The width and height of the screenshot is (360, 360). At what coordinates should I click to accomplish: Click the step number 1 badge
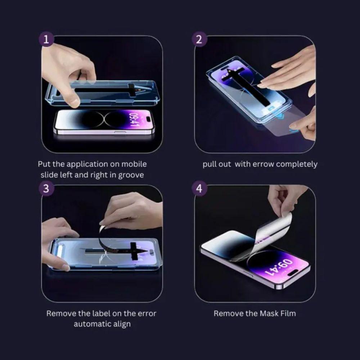[46, 40]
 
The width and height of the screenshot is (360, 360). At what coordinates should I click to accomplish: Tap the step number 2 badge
[199, 40]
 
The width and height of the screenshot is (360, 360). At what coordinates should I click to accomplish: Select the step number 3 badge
[46, 189]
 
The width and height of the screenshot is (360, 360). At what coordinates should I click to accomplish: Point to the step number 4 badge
[199, 189]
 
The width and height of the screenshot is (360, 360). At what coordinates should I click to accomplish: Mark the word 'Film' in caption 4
[287, 314]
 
